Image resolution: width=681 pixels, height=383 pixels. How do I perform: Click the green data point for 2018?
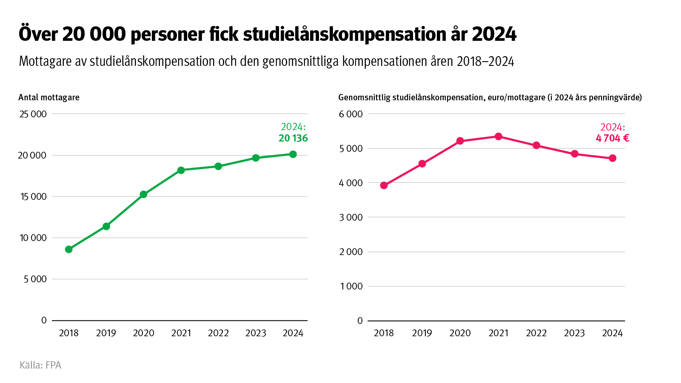(68, 249)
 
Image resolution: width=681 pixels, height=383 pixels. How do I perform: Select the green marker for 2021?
(181, 170)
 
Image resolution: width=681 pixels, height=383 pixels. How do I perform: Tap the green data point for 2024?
(293, 154)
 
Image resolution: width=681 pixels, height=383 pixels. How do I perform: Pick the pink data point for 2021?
(498, 136)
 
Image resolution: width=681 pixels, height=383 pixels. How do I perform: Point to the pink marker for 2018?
(384, 185)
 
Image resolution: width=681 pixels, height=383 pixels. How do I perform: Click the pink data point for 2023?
(575, 154)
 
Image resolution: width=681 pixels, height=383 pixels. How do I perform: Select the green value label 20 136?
(293, 138)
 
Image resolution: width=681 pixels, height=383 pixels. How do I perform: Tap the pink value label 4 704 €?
(612, 138)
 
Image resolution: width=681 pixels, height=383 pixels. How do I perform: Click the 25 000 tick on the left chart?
(33, 114)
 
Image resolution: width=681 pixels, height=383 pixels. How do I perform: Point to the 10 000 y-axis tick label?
(33, 238)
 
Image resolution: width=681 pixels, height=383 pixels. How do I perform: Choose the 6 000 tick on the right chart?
(350, 114)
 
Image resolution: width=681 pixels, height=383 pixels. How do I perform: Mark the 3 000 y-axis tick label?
(350, 217)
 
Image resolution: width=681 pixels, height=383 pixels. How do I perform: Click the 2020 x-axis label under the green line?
(143, 333)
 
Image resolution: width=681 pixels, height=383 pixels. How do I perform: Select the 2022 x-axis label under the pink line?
(536, 333)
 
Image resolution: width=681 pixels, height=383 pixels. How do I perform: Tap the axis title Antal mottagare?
(49, 97)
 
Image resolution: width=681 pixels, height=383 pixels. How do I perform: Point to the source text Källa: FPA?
(40, 365)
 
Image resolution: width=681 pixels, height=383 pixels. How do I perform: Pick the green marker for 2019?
(106, 226)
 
